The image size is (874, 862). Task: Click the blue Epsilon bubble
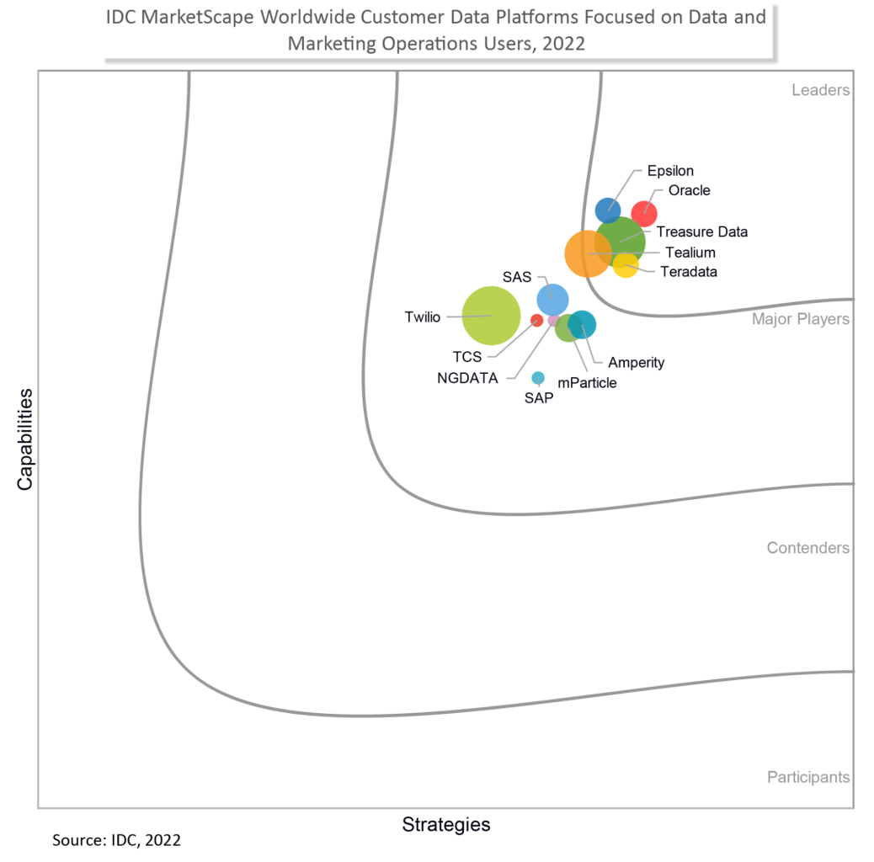[608, 210]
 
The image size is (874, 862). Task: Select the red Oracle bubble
[644, 214]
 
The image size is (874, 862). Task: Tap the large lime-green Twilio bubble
[492, 316]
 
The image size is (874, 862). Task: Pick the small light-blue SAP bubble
[538, 378]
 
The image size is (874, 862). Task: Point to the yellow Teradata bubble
[626, 264]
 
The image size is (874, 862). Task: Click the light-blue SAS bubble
[552, 298]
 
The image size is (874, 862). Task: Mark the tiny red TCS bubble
[536, 320]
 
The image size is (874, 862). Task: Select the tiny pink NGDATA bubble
[553, 320]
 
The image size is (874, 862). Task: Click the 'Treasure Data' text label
[701, 231]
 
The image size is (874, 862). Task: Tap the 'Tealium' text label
[690, 252]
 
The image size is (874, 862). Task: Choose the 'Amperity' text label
[636, 363]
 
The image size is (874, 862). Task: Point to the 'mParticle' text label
[587, 383]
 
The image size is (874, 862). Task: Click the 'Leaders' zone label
[820, 90]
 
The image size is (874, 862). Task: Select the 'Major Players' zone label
[800, 319]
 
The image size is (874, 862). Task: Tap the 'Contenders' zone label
[807, 548]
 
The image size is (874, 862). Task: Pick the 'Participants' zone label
[807, 777]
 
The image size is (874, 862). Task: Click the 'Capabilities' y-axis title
[25, 439]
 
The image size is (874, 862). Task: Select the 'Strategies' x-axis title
[445, 824]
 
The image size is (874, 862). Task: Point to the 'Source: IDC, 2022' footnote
[116, 840]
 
